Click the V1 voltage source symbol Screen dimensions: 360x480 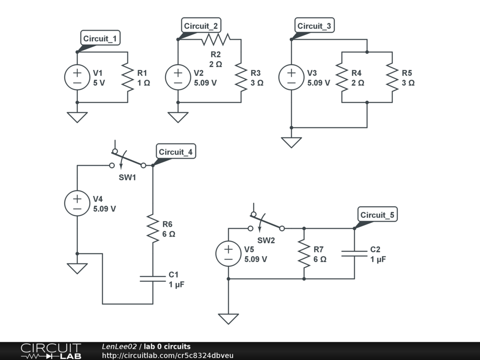click(x=77, y=77)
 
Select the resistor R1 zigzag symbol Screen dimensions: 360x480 click(x=127, y=77)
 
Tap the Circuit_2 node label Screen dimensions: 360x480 click(x=201, y=26)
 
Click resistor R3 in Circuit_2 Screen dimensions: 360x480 click(x=241, y=77)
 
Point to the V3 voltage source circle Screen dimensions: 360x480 click(x=291, y=77)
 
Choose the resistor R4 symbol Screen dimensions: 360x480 click(x=342, y=77)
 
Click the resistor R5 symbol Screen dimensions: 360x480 click(x=392, y=77)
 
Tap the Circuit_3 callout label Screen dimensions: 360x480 click(x=314, y=26)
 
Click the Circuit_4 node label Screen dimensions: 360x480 click(x=175, y=152)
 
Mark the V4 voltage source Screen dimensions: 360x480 click(x=77, y=203)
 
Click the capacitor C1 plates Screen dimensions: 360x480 click(x=153, y=279)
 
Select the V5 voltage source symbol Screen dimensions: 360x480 click(x=228, y=254)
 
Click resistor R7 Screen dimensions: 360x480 click(x=304, y=254)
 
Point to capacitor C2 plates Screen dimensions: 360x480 click(x=354, y=254)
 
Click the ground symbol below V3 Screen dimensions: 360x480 click(x=291, y=142)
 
